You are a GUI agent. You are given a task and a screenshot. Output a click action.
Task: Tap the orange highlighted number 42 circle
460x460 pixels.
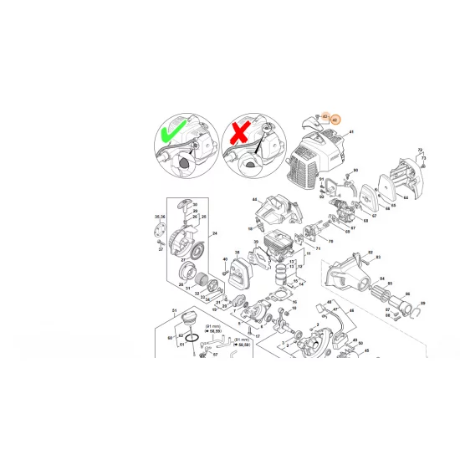[x=335, y=120]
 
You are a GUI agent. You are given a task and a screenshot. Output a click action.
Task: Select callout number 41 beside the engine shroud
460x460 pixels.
[x=352, y=133]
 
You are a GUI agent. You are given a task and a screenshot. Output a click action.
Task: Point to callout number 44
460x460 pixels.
[x=254, y=199]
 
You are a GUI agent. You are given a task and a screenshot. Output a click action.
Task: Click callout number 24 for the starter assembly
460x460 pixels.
[x=215, y=233]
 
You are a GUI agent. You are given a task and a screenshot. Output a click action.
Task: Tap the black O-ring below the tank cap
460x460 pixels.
[x=192, y=339]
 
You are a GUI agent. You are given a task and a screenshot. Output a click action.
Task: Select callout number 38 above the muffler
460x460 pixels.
[x=238, y=252]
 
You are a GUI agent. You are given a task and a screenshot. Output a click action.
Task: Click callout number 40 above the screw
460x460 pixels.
[x=226, y=260]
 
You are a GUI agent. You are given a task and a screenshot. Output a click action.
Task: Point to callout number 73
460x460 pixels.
[x=424, y=157]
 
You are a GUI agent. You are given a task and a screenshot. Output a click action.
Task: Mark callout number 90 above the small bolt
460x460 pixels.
[x=355, y=171]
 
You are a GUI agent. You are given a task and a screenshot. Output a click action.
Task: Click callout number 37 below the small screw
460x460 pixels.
[x=161, y=249]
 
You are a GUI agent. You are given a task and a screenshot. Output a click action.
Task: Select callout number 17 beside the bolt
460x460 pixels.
[x=259, y=337]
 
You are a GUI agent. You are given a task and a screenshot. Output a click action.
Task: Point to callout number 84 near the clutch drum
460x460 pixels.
[x=382, y=279]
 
